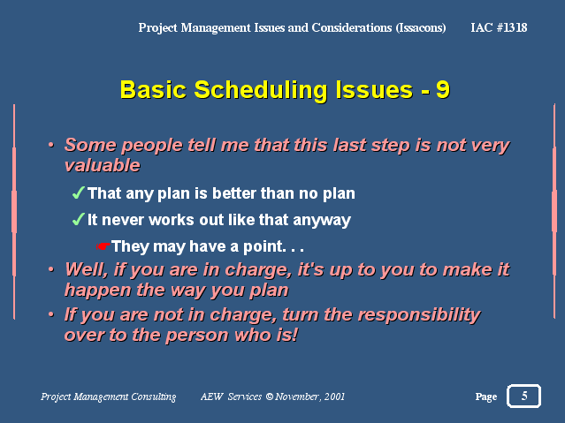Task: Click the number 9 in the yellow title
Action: (x=442, y=89)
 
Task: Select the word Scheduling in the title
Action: (x=261, y=90)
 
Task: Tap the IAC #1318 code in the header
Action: (x=499, y=27)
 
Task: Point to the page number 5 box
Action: (x=523, y=396)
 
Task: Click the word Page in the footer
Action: (x=486, y=397)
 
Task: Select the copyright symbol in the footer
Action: (x=269, y=397)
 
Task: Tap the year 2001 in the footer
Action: (x=334, y=397)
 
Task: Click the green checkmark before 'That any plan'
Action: (x=79, y=193)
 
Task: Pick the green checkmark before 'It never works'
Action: (x=79, y=219)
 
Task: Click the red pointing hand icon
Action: (x=103, y=246)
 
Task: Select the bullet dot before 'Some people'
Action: (x=51, y=145)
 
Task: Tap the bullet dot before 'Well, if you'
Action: (x=51, y=269)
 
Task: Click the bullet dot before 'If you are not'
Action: (x=51, y=314)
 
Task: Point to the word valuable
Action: (x=103, y=165)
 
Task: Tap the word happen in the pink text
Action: (x=97, y=291)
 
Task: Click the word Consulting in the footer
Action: (x=154, y=397)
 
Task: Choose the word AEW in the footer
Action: (x=212, y=397)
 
